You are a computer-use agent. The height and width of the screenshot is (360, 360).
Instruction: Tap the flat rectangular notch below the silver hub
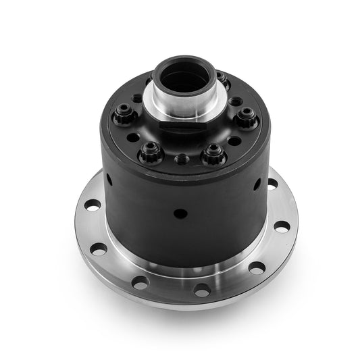tap(182, 124)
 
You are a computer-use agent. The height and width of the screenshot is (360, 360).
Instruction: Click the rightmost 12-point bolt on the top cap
tap(247, 120)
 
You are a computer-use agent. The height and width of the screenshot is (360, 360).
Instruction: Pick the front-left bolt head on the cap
tap(150, 155)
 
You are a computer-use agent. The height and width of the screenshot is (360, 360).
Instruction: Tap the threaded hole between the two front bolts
tap(182, 159)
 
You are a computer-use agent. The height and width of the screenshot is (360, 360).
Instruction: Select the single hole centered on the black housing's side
tap(180, 213)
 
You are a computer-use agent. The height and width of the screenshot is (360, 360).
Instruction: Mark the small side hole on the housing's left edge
tap(109, 179)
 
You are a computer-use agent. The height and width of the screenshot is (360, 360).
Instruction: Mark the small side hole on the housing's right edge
tap(257, 184)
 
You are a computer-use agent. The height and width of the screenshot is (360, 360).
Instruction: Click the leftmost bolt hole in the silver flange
tap(93, 205)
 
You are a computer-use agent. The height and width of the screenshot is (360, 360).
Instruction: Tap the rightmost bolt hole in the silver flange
tap(282, 226)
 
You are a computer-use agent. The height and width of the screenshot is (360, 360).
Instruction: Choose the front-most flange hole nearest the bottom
tap(201, 290)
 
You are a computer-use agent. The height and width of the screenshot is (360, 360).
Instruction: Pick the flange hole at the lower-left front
tap(140, 282)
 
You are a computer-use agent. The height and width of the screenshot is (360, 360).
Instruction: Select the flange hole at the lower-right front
tap(256, 267)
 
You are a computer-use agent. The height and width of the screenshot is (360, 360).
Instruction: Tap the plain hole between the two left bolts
tap(133, 137)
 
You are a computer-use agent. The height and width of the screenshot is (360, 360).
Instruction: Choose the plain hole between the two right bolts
tap(234, 140)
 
